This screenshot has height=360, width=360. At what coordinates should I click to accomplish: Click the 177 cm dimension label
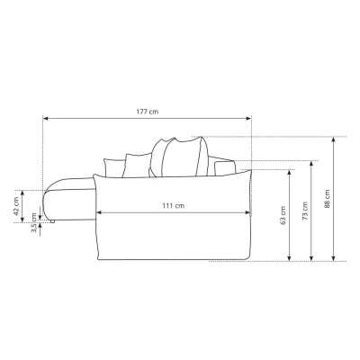click(x=148, y=112)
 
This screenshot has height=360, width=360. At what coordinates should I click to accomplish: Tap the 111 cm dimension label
click(x=174, y=206)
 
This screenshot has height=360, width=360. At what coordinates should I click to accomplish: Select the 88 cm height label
click(x=327, y=199)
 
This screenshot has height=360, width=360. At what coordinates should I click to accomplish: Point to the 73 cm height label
click(x=305, y=211)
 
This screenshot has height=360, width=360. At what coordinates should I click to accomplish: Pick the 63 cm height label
click(x=283, y=216)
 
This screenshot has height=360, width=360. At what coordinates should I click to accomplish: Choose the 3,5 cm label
click(x=34, y=223)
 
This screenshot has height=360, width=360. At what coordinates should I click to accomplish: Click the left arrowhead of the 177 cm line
click(x=46, y=119)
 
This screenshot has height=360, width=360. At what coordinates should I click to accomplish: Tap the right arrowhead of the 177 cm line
click(x=248, y=119)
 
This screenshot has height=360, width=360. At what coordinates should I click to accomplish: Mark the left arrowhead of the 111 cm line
click(x=99, y=212)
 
